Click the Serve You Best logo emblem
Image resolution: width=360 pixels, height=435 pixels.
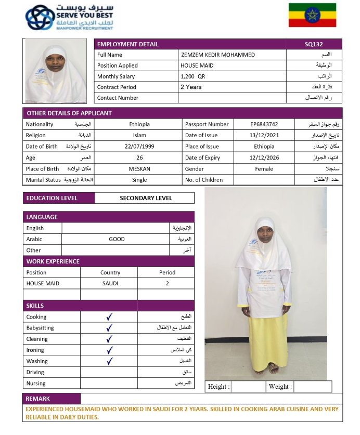click(x=39, y=17)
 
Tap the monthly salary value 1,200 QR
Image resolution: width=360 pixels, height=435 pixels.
click(x=192, y=76)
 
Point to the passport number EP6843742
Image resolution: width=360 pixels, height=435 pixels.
click(x=264, y=125)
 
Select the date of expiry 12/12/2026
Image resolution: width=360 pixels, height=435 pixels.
click(x=264, y=158)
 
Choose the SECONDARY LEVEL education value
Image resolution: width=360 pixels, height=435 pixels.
click(x=145, y=198)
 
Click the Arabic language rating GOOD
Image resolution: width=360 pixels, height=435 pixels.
click(x=117, y=240)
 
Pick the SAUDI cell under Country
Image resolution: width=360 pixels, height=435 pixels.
click(x=110, y=284)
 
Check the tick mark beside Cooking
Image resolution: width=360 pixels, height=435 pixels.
click(x=109, y=317)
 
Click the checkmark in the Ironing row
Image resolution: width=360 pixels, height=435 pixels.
click(x=109, y=350)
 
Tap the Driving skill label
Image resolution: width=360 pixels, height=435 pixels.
click(x=35, y=373)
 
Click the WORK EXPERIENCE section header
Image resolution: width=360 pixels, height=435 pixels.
click(x=53, y=261)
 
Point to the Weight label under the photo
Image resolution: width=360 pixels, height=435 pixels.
click(x=280, y=387)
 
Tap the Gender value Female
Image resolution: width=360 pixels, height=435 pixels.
click(x=264, y=169)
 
